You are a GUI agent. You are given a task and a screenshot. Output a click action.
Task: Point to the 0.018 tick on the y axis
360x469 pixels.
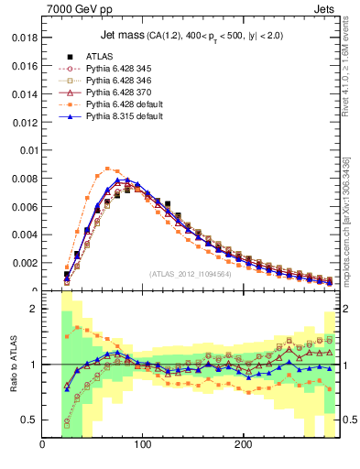pyautogui.click(x=23, y=38)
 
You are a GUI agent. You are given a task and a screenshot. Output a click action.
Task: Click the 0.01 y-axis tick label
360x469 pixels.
pyautogui.click(x=27, y=150)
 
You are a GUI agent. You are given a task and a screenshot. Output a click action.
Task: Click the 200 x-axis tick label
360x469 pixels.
pyautogui.click(x=243, y=445)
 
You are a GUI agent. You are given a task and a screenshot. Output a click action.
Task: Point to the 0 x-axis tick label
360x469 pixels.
pyautogui.click(x=42, y=445)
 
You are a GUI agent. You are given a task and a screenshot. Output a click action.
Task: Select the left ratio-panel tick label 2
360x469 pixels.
pyautogui.click(x=33, y=309)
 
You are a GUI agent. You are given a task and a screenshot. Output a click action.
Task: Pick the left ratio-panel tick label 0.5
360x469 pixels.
pyautogui.click(x=29, y=420)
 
